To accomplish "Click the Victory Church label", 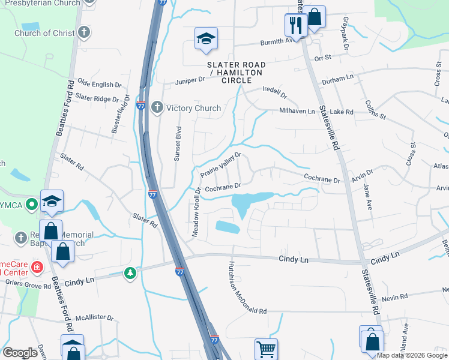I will coord(193,109).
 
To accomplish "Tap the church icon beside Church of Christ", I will coord(85,32).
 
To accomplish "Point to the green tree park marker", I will coord(130,274).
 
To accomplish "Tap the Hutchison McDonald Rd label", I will coord(247,287).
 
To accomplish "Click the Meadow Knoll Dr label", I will coord(196,212).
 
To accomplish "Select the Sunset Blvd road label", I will coord(178,145).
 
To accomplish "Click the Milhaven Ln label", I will coord(297,111).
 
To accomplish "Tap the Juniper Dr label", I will coord(190,80).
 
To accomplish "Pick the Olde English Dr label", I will coord(95,85).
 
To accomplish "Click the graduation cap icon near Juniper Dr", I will coord(205,39).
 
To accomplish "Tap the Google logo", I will coord(20,353).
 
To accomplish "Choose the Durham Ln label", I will coord(337,79).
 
